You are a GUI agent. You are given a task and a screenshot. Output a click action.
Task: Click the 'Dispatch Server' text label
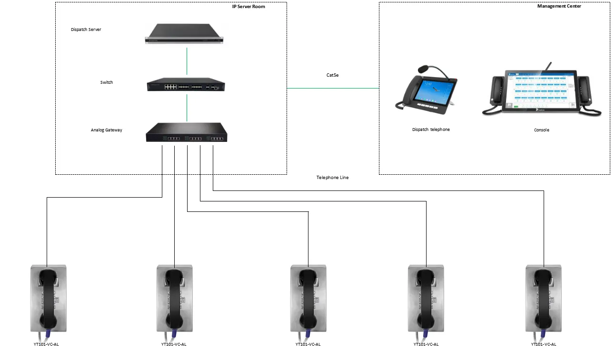pos(86,30)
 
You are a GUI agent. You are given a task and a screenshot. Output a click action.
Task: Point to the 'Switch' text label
pos(107,82)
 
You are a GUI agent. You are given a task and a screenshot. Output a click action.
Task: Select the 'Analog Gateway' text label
pos(107,130)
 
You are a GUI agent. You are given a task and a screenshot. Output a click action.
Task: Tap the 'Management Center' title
pos(559,6)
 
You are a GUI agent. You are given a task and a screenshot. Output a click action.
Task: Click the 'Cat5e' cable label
pos(333,75)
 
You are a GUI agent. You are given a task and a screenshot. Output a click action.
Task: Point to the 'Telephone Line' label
pos(332,178)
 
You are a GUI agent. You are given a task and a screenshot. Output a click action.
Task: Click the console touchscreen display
pos(541,91)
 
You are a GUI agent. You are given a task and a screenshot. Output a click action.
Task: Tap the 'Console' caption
pos(541,130)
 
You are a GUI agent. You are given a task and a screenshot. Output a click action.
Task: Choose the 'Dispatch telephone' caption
pos(431,130)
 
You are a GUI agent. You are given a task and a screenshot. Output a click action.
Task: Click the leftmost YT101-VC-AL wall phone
pos(48,299)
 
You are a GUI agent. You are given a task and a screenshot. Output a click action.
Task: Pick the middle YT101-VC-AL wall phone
pos(308,299)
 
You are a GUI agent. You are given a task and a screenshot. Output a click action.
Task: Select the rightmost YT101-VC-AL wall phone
pos(543,299)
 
